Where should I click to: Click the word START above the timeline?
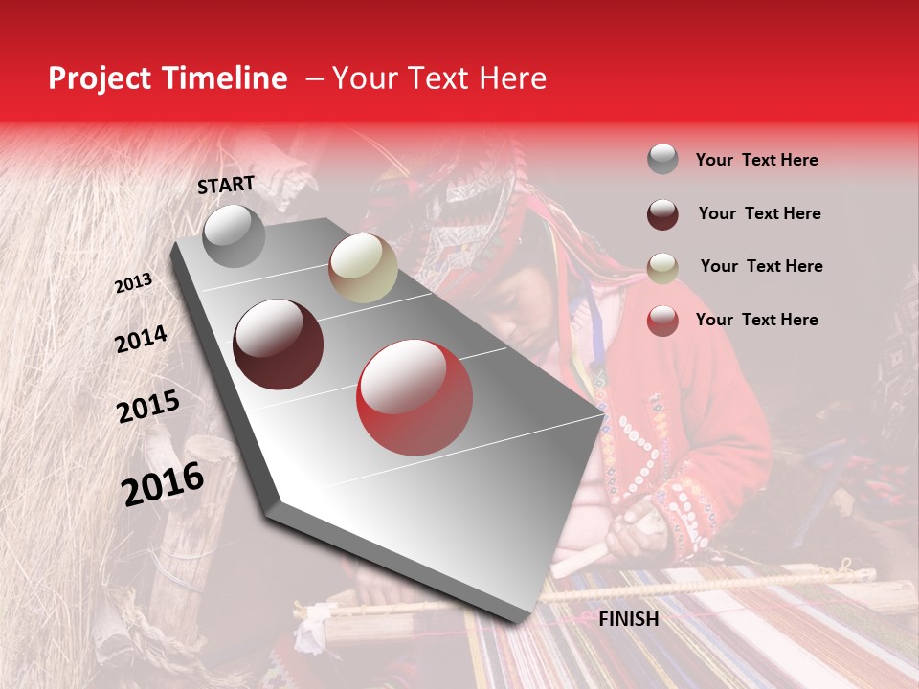(226, 185)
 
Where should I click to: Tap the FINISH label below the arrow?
(628, 619)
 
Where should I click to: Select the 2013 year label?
(133, 282)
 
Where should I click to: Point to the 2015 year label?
(148, 408)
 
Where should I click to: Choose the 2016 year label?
(163, 484)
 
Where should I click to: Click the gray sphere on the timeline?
(235, 236)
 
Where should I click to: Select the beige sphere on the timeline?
(363, 268)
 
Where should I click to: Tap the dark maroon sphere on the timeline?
(279, 344)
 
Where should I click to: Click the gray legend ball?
(662, 160)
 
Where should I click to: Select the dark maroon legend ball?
(662, 213)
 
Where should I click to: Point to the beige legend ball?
(662, 267)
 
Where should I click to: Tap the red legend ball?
(662, 321)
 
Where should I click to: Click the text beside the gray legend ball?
(756, 160)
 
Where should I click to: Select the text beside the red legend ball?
(756, 320)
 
